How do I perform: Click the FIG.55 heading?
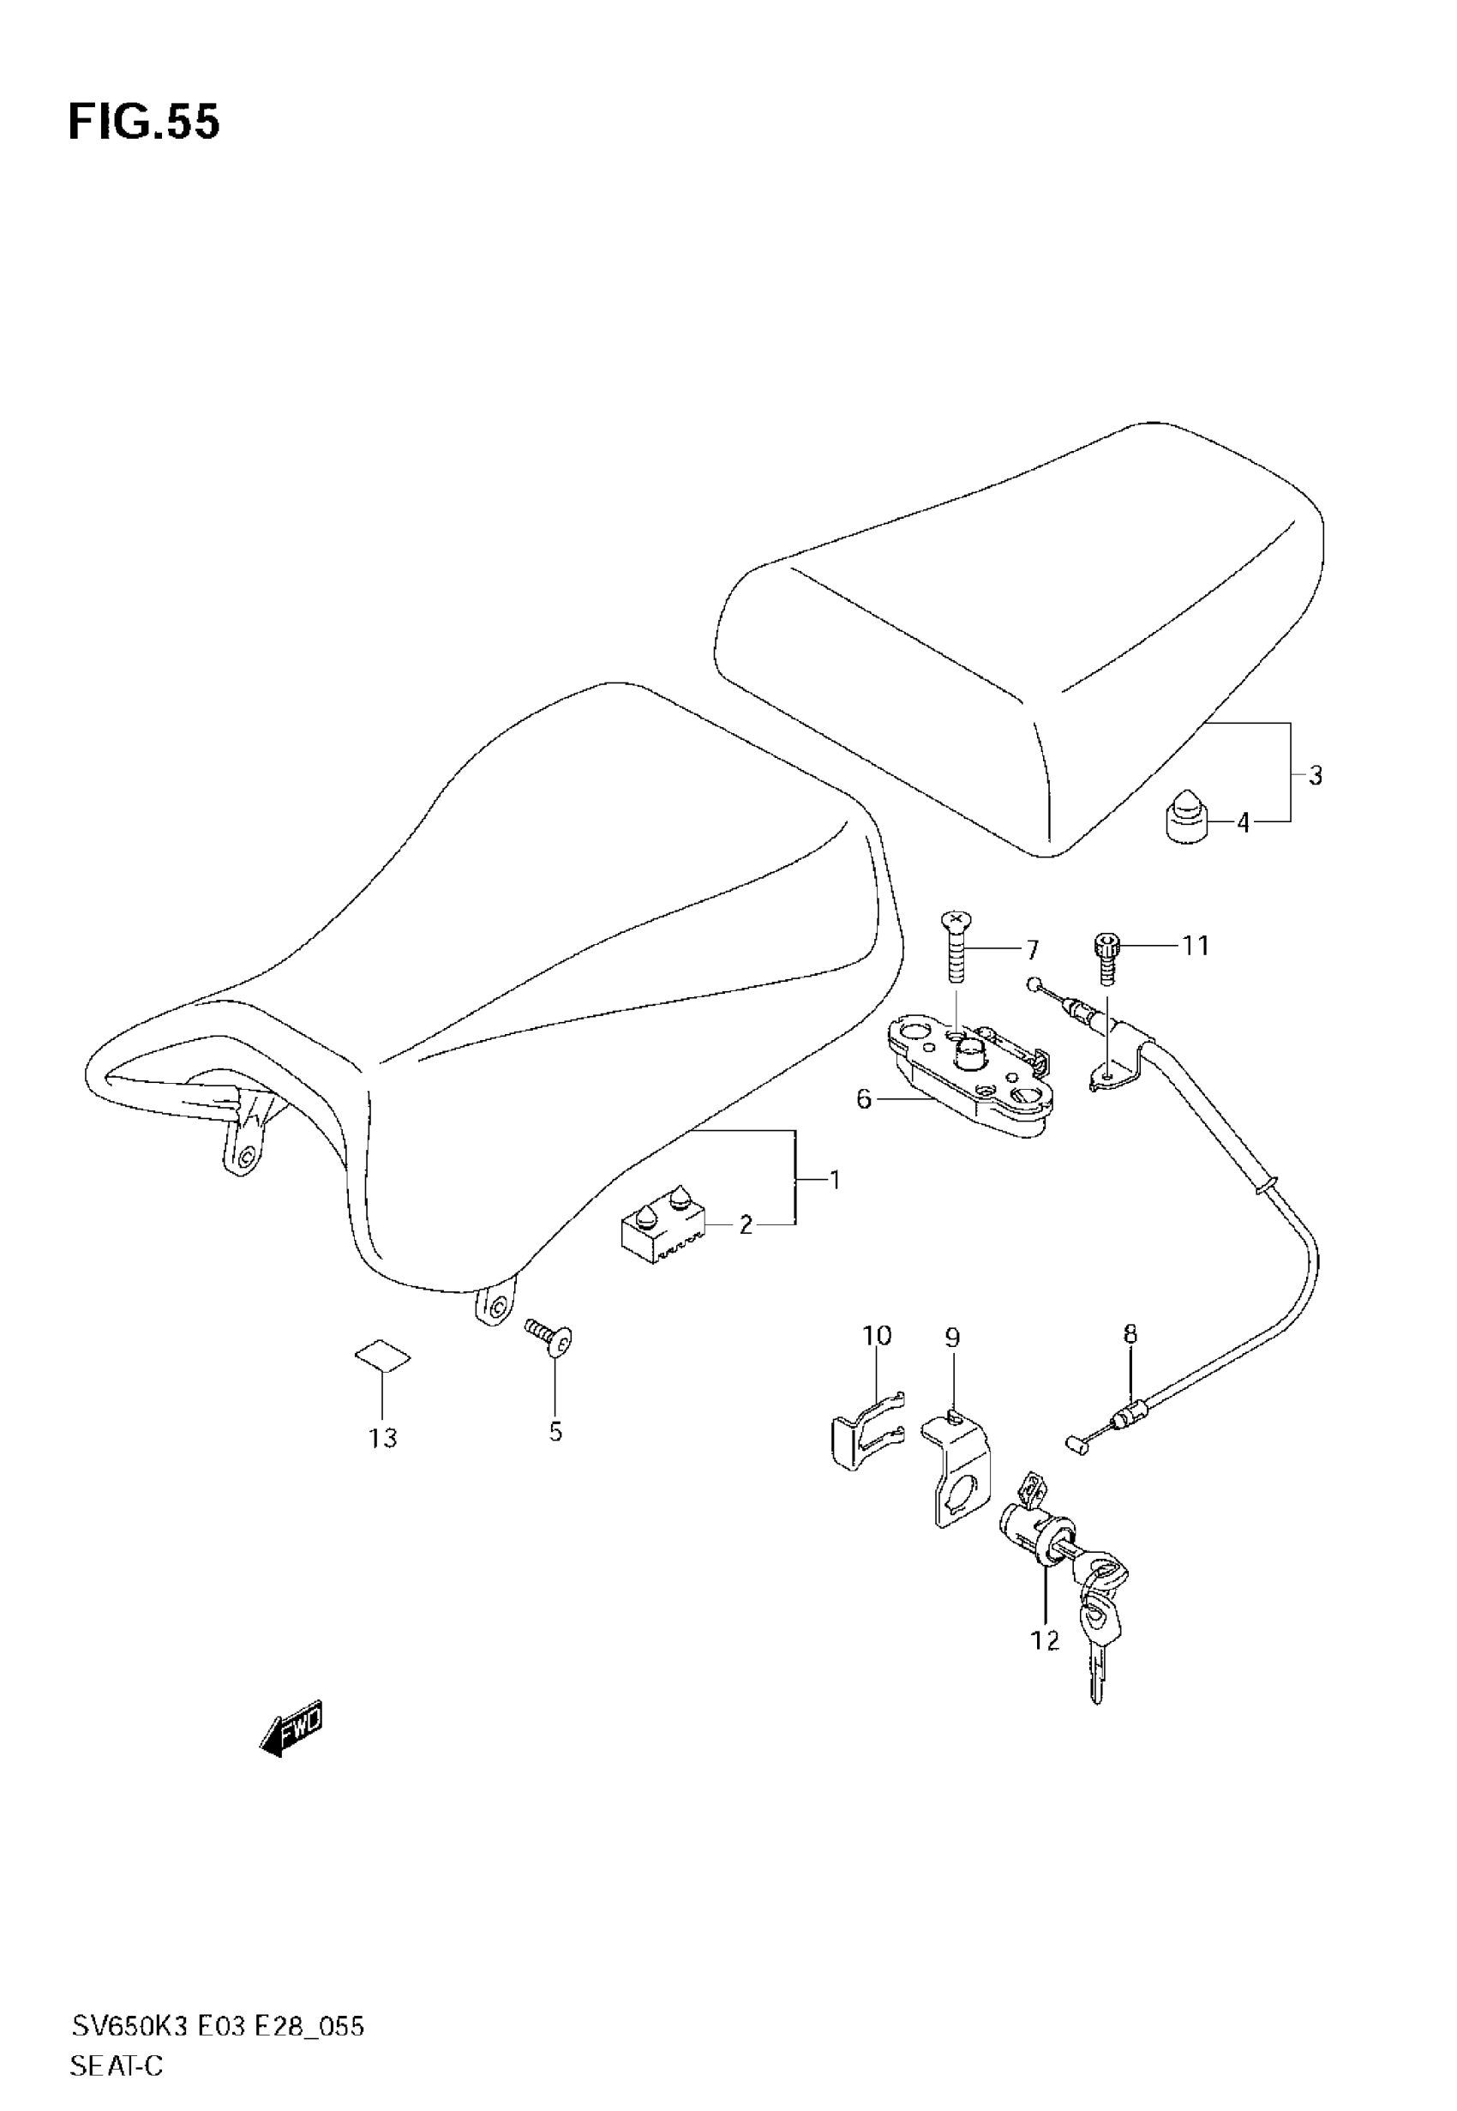(144, 123)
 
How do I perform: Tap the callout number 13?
(383, 1438)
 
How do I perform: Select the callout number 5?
(556, 1432)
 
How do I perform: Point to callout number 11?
(1196, 946)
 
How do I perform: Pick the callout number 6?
(864, 1099)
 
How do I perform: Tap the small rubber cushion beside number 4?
(1185, 819)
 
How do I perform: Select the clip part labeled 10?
(864, 1431)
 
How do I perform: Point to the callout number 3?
(1315, 776)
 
